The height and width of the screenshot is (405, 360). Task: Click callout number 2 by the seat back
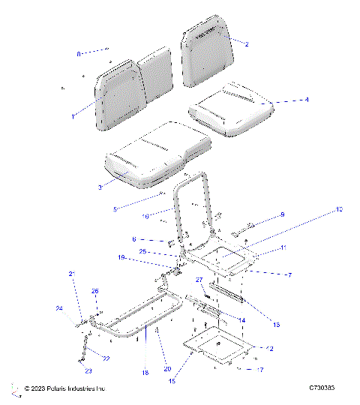tap(246, 44)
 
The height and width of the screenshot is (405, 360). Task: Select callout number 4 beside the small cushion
tap(285, 99)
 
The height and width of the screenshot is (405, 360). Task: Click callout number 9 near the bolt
tap(282, 214)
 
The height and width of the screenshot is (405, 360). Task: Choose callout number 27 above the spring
tap(200, 279)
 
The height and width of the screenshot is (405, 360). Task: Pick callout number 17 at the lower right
tap(260, 369)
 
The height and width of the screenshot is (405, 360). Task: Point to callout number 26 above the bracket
tap(94, 291)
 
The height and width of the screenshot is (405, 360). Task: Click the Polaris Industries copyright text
tap(64, 388)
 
